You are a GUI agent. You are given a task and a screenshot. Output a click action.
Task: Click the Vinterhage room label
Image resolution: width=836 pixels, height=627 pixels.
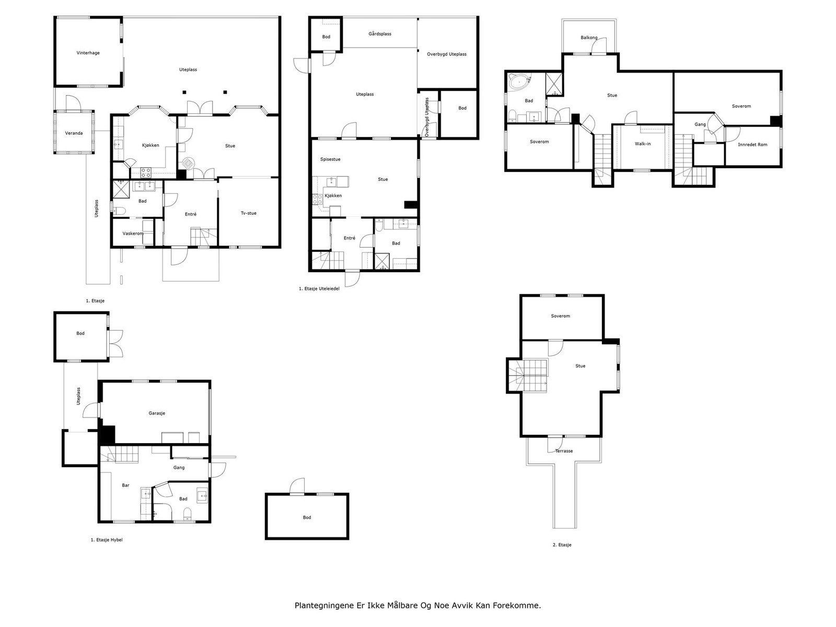click(x=88, y=53)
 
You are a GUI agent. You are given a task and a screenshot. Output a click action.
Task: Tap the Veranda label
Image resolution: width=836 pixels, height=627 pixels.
click(x=74, y=133)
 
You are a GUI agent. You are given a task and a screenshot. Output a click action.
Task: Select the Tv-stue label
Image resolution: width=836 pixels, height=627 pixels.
click(x=248, y=213)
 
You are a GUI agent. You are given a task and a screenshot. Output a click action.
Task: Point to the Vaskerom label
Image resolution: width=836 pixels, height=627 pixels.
click(x=133, y=234)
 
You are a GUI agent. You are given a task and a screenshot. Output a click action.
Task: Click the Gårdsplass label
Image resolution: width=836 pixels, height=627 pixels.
click(x=380, y=34)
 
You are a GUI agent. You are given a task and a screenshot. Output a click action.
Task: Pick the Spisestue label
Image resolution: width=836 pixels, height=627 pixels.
click(x=330, y=159)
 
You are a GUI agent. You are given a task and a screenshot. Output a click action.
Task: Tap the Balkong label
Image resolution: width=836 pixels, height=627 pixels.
click(x=589, y=38)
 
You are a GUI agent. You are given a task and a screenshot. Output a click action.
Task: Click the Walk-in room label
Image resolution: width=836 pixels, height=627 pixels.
click(x=643, y=144)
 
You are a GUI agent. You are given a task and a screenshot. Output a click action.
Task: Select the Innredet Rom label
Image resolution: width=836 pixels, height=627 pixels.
click(x=752, y=145)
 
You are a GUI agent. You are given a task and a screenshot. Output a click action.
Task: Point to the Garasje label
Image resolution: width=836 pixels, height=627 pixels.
click(x=157, y=413)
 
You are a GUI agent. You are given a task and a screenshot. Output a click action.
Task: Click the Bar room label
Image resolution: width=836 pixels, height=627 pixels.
click(x=126, y=485)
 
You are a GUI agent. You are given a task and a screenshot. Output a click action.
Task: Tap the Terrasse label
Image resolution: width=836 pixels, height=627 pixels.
click(x=564, y=451)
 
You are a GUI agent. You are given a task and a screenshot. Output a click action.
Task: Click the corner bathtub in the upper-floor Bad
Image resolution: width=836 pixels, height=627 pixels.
click(x=519, y=82)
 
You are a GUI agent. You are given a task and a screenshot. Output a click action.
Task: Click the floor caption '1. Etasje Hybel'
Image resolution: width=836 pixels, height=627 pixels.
click(x=107, y=540)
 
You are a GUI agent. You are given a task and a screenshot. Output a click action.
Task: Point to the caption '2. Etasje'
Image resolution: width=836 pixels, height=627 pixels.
click(x=562, y=545)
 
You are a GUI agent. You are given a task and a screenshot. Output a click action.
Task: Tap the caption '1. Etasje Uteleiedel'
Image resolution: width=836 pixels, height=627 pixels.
click(x=319, y=288)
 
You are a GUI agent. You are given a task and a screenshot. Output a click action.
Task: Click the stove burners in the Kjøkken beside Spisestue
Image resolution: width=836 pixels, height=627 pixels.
click(x=317, y=200)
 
